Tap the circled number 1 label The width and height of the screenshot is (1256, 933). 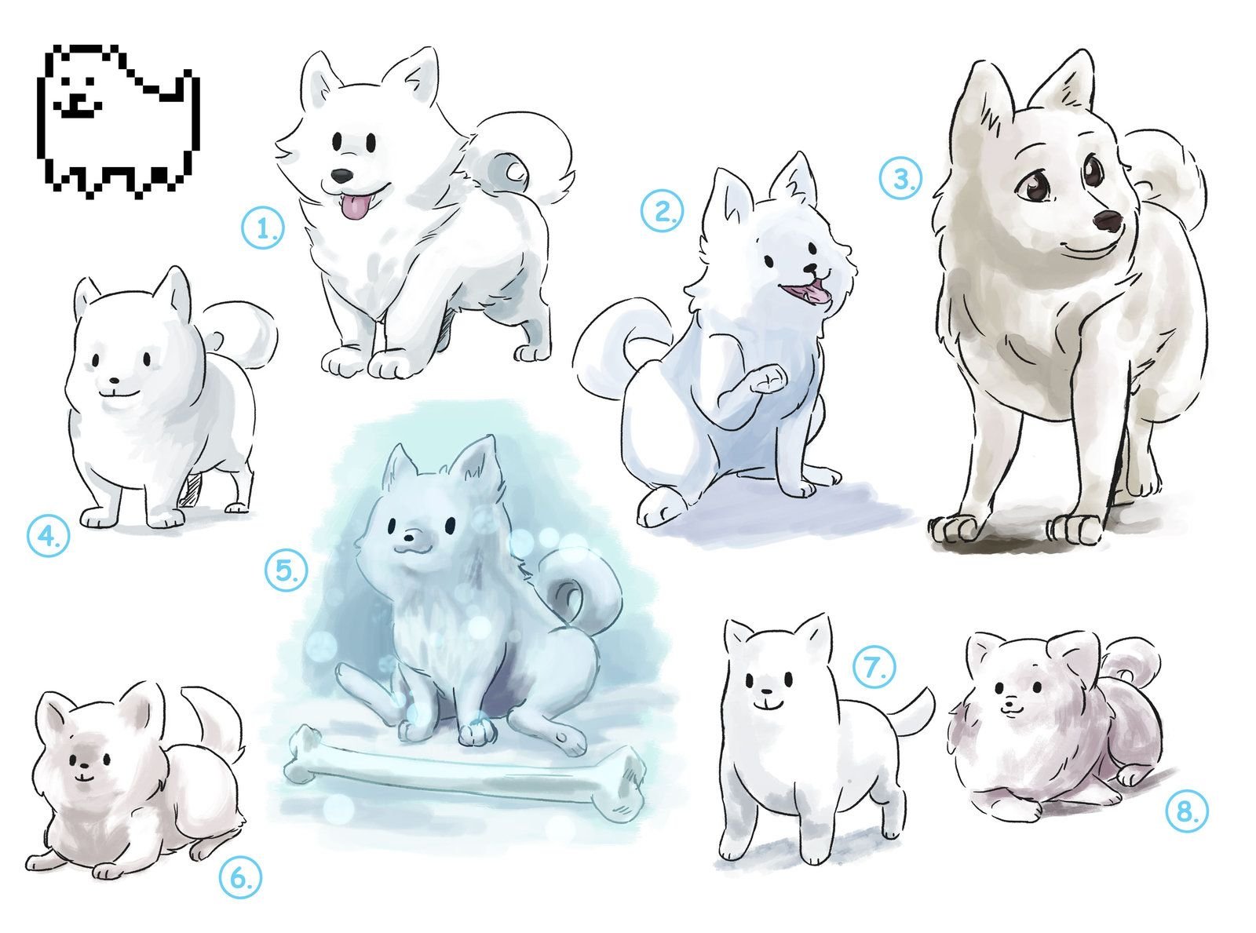263,228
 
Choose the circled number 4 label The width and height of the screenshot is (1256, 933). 49,536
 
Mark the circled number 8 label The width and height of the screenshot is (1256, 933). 1188,812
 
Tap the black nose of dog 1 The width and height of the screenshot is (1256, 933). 341,176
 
